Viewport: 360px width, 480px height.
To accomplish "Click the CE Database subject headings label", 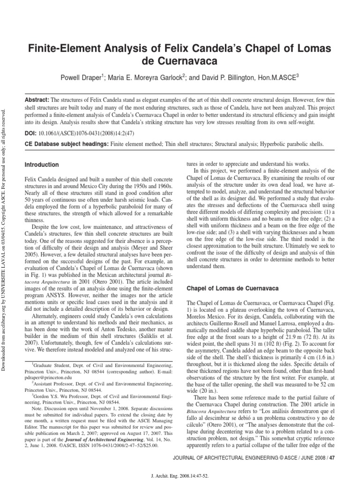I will (65, 145).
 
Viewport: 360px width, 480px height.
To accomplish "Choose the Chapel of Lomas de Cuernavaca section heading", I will (233, 287).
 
